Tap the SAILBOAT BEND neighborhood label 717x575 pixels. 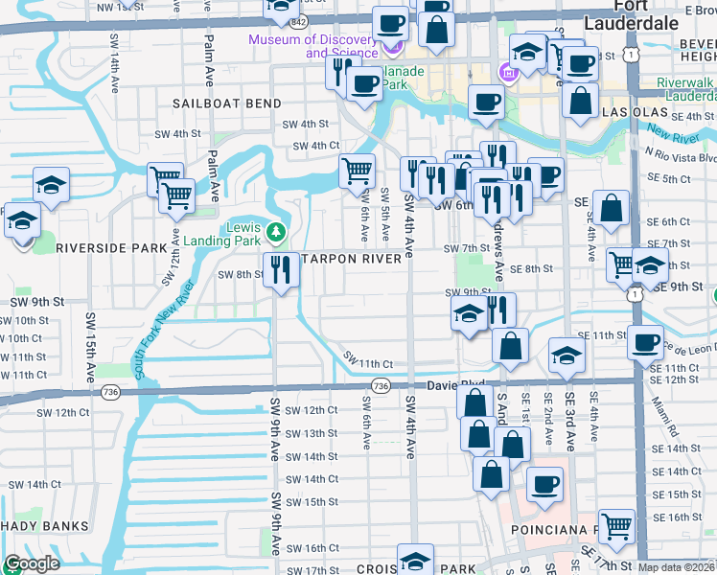click(227, 103)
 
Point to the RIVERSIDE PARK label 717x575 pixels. click(111, 247)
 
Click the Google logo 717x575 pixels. click(32, 563)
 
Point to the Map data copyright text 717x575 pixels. click(676, 567)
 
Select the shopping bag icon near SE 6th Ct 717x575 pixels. click(611, 207)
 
